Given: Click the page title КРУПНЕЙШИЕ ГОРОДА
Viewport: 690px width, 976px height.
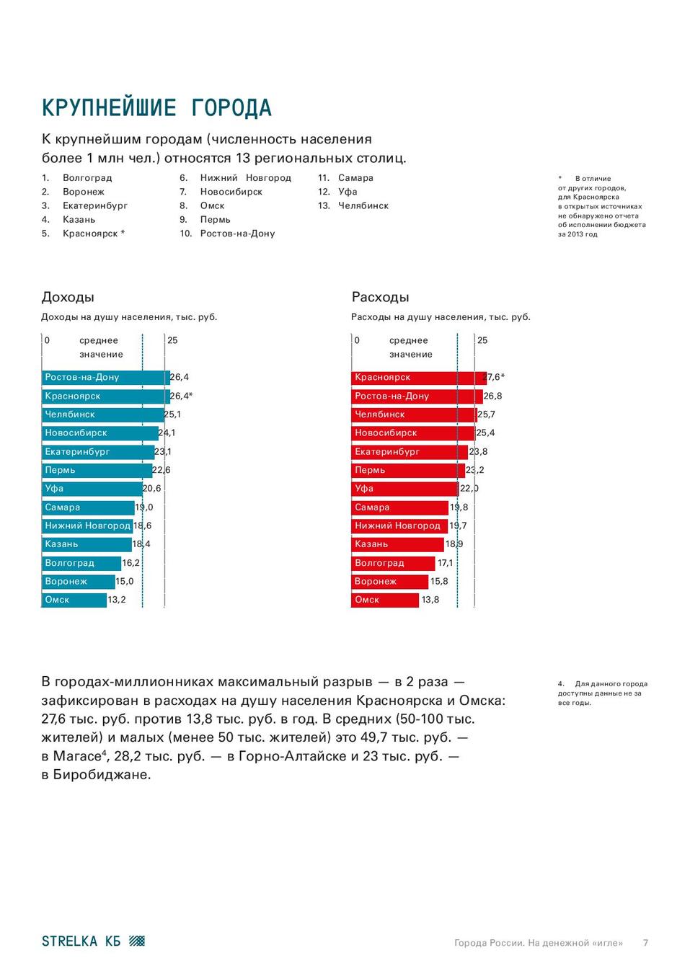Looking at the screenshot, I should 156,108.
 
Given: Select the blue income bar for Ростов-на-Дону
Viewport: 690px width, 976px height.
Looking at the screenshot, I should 105,377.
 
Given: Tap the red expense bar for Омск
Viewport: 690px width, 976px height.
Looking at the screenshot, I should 385,600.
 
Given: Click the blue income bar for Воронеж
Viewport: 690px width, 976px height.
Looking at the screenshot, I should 78,582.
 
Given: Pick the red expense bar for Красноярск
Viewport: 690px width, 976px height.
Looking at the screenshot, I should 418,377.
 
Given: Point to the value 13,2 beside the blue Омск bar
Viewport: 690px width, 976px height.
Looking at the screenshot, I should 117,600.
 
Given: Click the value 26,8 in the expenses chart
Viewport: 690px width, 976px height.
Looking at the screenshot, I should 492,396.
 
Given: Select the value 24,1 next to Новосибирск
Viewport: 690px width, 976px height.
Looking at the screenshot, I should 167,433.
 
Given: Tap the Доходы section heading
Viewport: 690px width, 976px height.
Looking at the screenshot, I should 68,297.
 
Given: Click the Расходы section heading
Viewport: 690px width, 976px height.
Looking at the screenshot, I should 380,297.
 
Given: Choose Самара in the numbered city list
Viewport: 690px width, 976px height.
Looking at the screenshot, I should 355,178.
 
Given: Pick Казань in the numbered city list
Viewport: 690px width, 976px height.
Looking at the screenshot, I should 79,220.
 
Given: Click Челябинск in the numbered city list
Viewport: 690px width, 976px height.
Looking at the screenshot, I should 363,206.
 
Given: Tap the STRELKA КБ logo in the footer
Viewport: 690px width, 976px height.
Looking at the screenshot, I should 93,941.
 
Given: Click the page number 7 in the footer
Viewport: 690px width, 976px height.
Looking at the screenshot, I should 645,943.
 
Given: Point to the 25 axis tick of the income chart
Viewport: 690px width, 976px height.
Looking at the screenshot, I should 172,340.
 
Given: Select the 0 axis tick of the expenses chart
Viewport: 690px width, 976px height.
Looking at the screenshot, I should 357,340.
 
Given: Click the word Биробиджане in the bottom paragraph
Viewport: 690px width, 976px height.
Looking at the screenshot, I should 102,775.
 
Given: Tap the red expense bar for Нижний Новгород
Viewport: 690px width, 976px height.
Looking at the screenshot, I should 399,525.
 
